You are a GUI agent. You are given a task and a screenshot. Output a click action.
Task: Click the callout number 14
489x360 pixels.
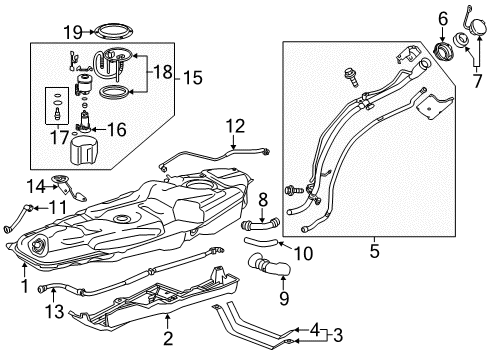coord(36,185)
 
